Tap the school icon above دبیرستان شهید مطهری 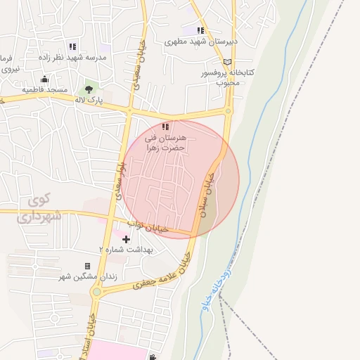point(200,30)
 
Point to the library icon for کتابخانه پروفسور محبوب point(228,62)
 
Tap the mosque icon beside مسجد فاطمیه point(45,79)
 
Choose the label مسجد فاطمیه point(44,90)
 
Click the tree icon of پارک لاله point(89,89)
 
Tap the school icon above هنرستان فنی point(165,127)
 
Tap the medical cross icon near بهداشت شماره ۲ point(127,240)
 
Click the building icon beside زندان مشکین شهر point(87,266)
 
